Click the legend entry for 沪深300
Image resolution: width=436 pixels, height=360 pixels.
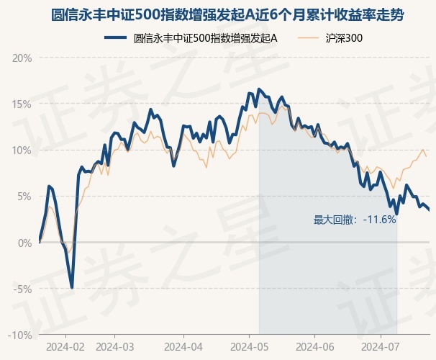[x=344, y=38]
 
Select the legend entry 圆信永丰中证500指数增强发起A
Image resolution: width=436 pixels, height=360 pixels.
[x=206, y=38]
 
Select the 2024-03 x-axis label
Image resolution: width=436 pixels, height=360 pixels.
[x=115, y=347]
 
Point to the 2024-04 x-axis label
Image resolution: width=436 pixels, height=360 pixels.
[x=183, y=347]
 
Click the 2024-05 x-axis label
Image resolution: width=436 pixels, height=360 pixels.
[x=249, y=347]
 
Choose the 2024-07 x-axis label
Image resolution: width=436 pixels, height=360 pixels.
[x=380, y=347]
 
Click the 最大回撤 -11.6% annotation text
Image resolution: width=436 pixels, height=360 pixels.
[x=355, y=220]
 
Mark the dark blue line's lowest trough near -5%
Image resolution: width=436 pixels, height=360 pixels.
[x=72, y=287]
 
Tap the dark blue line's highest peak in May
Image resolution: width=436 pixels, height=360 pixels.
[x=259, y=89]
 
